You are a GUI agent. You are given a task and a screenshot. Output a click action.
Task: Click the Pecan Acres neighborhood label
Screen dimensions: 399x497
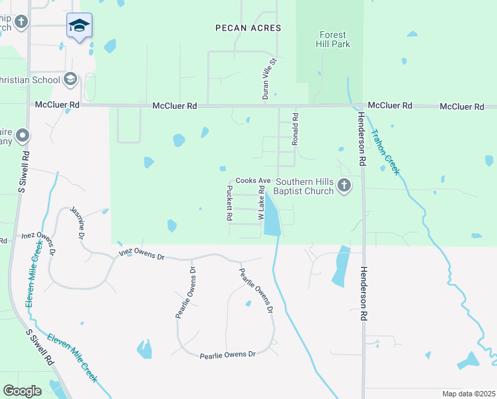(x=248, y=28)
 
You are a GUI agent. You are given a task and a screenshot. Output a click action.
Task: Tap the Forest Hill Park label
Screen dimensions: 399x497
(x=334, y=39)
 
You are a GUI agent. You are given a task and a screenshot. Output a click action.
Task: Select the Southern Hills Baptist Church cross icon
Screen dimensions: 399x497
(x=344, y=186)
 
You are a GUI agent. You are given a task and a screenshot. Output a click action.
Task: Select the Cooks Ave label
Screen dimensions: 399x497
(x=252, y=181)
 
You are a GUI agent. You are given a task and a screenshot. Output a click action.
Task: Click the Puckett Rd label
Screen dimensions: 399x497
(x=229, y=203)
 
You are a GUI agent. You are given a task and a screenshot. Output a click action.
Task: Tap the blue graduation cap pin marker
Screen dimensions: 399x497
(x=80, y=26)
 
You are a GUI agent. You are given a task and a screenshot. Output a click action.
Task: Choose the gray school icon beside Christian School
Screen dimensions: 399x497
(x=70, y=80)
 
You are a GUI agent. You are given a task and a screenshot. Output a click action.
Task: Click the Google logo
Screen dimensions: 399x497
(x=22, y=390)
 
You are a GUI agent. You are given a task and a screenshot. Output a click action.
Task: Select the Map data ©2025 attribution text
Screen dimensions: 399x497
(x=468, y=394)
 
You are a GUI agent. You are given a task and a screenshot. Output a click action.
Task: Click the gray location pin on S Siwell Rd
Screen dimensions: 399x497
(x=23, y=137)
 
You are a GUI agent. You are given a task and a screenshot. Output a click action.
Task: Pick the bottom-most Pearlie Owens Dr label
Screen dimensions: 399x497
(x=228, y=355)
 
